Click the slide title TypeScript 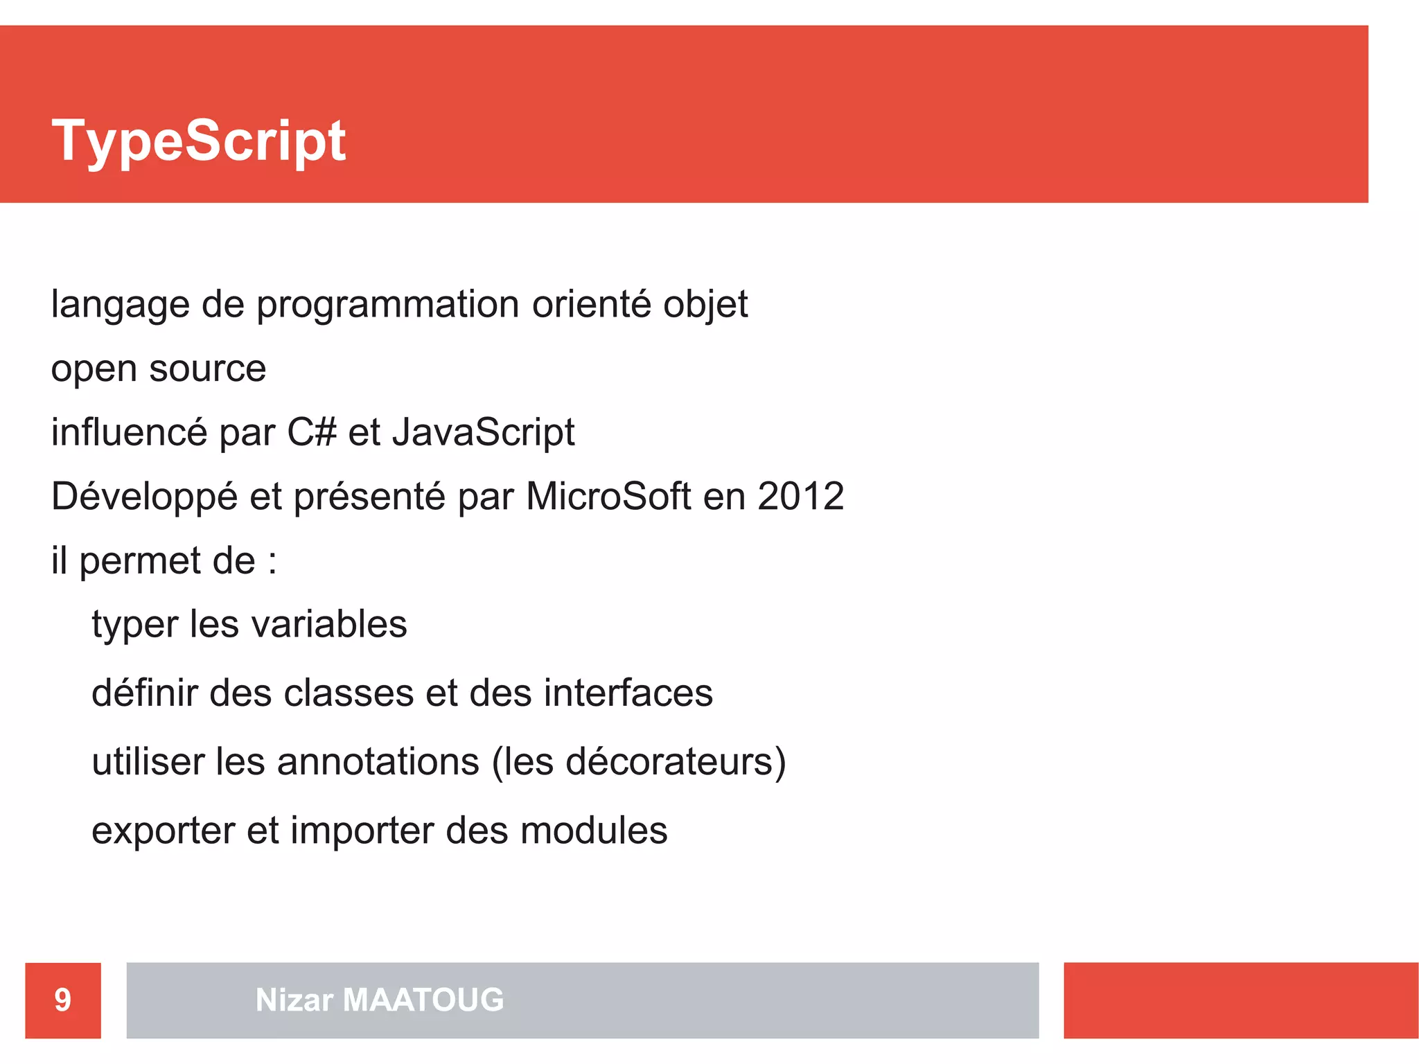pos(199,141)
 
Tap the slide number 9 pos(63,1000)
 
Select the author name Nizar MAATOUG pos(380,1000)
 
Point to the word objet pos(705,305)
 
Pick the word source pos(207,369)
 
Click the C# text pos(312,432)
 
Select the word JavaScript pos(484,432)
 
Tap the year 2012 pos(800,496)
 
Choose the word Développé pos(144,497)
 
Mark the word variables pos(329,624)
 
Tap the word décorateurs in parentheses pos(670,762)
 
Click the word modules pos(594,831)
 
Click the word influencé pos(129,432)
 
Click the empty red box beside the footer pos(1240,1000)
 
